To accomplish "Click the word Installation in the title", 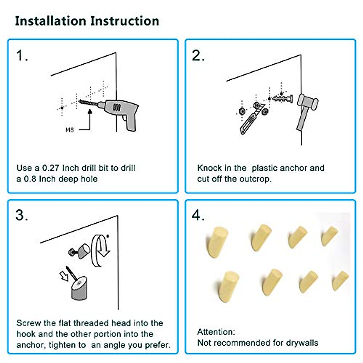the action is click(51, 21).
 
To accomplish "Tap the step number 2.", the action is click(198, 56).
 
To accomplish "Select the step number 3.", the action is click(22, 215).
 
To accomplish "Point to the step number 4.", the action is click(198, 215).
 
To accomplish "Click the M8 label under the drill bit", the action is click(70, 130).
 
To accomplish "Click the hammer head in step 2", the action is click(308, 102).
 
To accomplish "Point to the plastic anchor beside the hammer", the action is click(283, 99).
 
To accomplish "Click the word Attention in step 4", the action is click(216, 332).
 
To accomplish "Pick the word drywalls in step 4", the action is click(302, 343).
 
